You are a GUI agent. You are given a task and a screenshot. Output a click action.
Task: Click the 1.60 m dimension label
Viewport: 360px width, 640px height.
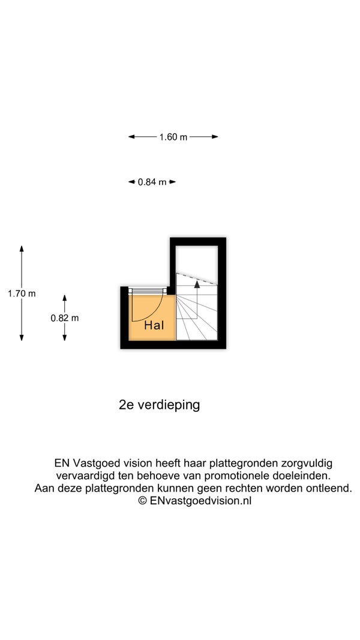pyautogui.click(x=173, y=137)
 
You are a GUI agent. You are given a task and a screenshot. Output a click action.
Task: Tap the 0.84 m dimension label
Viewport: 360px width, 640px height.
pyautogui.click(x=152, y=182)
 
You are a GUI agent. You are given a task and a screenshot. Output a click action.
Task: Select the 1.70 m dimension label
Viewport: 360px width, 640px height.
pyautogui.click(x=22, y=294)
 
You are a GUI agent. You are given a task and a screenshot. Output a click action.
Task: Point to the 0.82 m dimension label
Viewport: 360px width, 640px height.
pyautogui.click(x=64, y=318)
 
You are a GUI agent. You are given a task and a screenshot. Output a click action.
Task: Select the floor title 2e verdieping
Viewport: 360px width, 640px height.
pyautogui.click(x=159, y=405)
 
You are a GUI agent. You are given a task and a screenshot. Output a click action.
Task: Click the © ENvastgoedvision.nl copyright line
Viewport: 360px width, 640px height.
pyautogui.click(x=195, y=500)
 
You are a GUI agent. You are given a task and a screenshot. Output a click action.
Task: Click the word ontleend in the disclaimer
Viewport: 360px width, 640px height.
pyautogui.click(x=329, y=488)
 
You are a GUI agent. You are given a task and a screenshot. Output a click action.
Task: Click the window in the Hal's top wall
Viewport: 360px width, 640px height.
pyautogui.click(x=148, y=291)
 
